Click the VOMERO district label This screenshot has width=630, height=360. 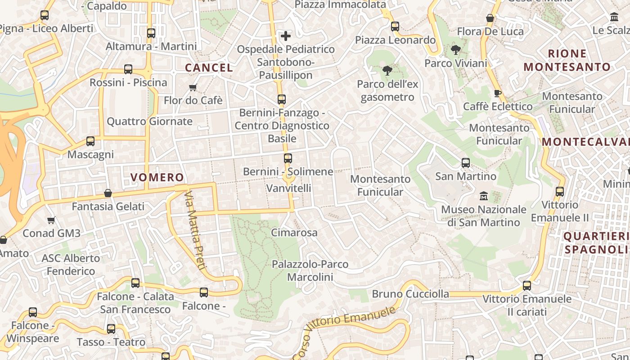(157, 177)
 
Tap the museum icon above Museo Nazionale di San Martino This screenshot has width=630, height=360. (484, 196)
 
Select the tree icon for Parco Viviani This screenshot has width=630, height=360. (456, 50)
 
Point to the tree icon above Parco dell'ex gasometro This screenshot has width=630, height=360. (387, 71)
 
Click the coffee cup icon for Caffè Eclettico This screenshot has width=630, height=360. (497, 93)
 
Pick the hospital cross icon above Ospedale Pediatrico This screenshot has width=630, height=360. (286, 36)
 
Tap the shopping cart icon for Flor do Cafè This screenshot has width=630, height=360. (193, 87)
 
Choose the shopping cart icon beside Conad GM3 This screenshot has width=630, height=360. (51, 220)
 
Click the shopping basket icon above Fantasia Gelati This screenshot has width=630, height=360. (108, 193)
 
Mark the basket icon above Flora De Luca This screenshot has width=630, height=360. (490, 18)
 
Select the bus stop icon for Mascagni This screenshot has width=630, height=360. (90, 141)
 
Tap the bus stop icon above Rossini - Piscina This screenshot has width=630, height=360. (128, 69)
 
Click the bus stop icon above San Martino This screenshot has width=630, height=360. (466, 163)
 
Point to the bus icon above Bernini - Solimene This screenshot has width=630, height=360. (288, 158)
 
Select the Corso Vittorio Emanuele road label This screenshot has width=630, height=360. (344, 332)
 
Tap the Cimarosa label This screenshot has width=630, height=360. (294, 233)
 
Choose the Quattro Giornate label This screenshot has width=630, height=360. (149, 121)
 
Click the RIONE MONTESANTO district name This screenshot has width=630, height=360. (567, 60)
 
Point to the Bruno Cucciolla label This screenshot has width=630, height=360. (410, 294)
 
